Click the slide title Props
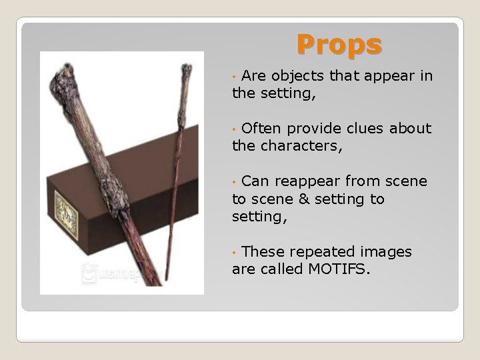click(339, 45)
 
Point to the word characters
click(307, 146)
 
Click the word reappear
click(309, 181)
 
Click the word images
click(387, 252)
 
